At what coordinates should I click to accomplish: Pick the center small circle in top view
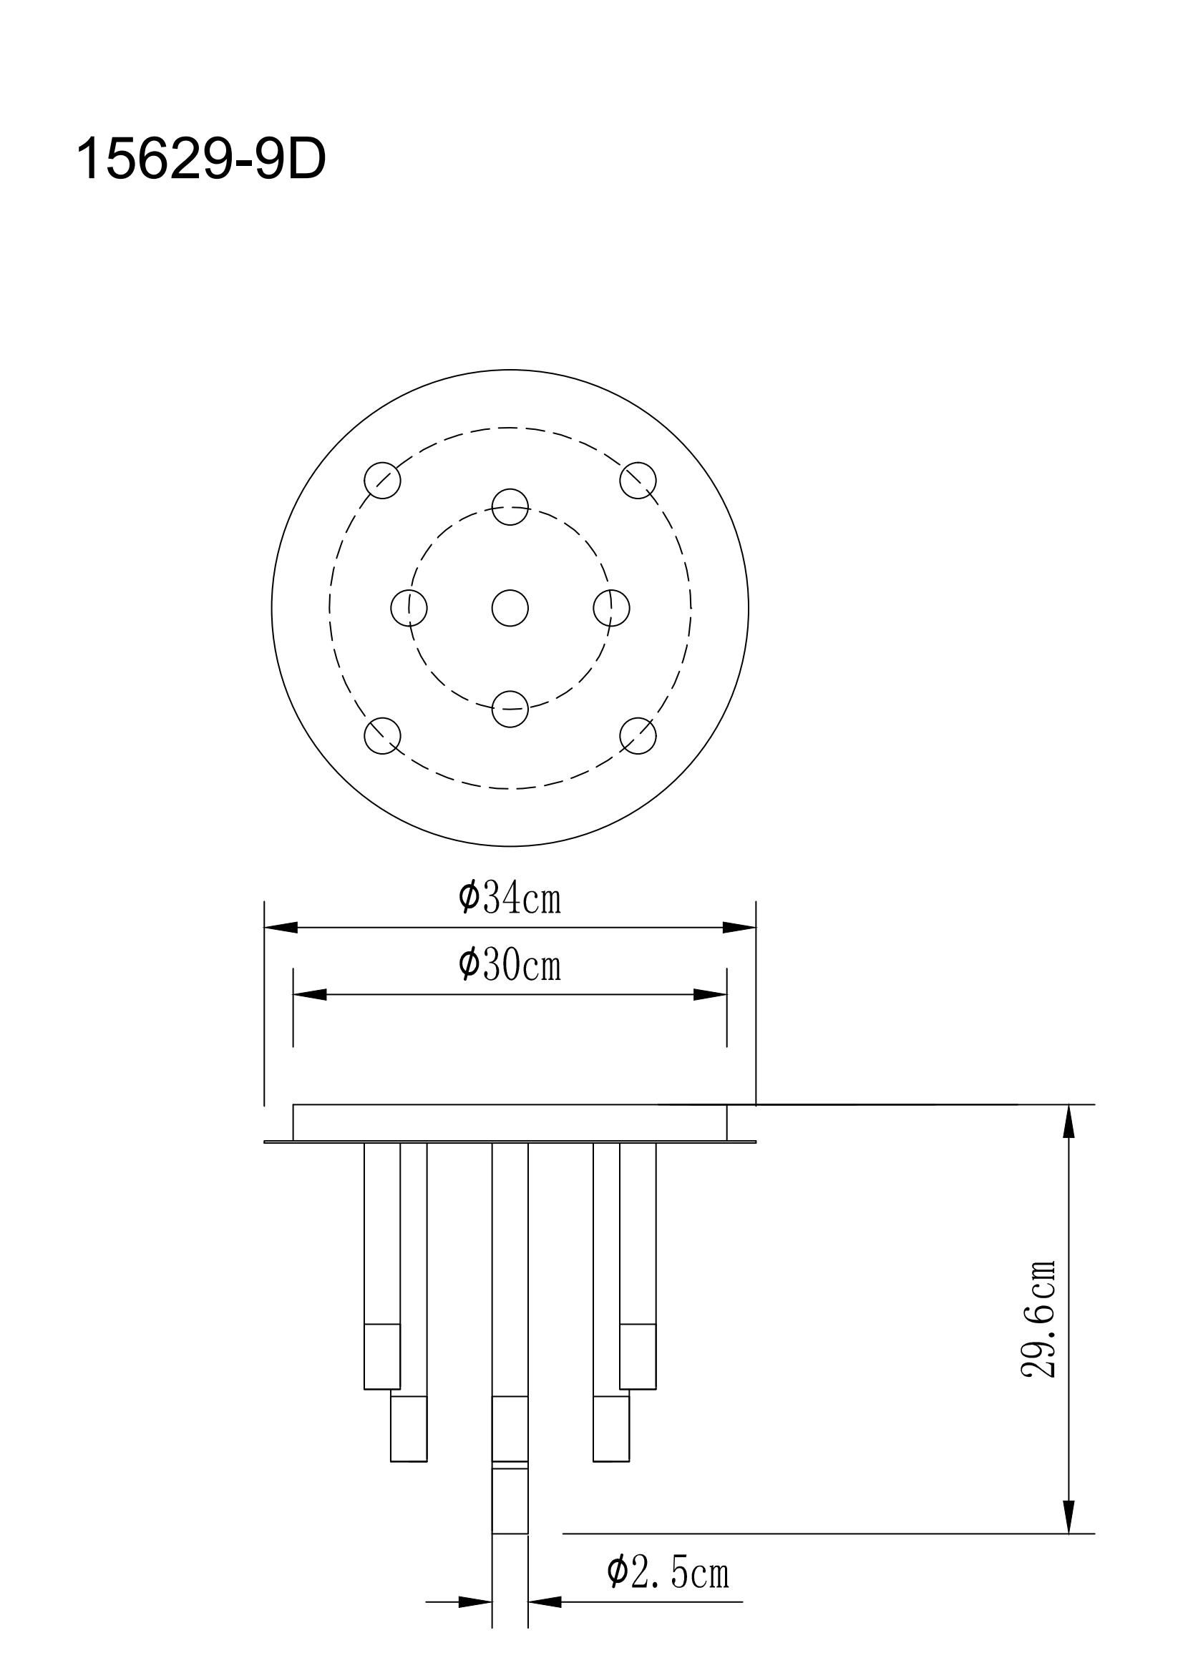pos(510,608)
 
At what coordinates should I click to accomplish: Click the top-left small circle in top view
pos(383,480)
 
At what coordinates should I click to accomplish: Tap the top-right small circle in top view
pos(638,480)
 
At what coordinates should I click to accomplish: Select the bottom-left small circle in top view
pos(383,735)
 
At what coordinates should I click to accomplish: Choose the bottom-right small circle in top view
pos(638,735)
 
